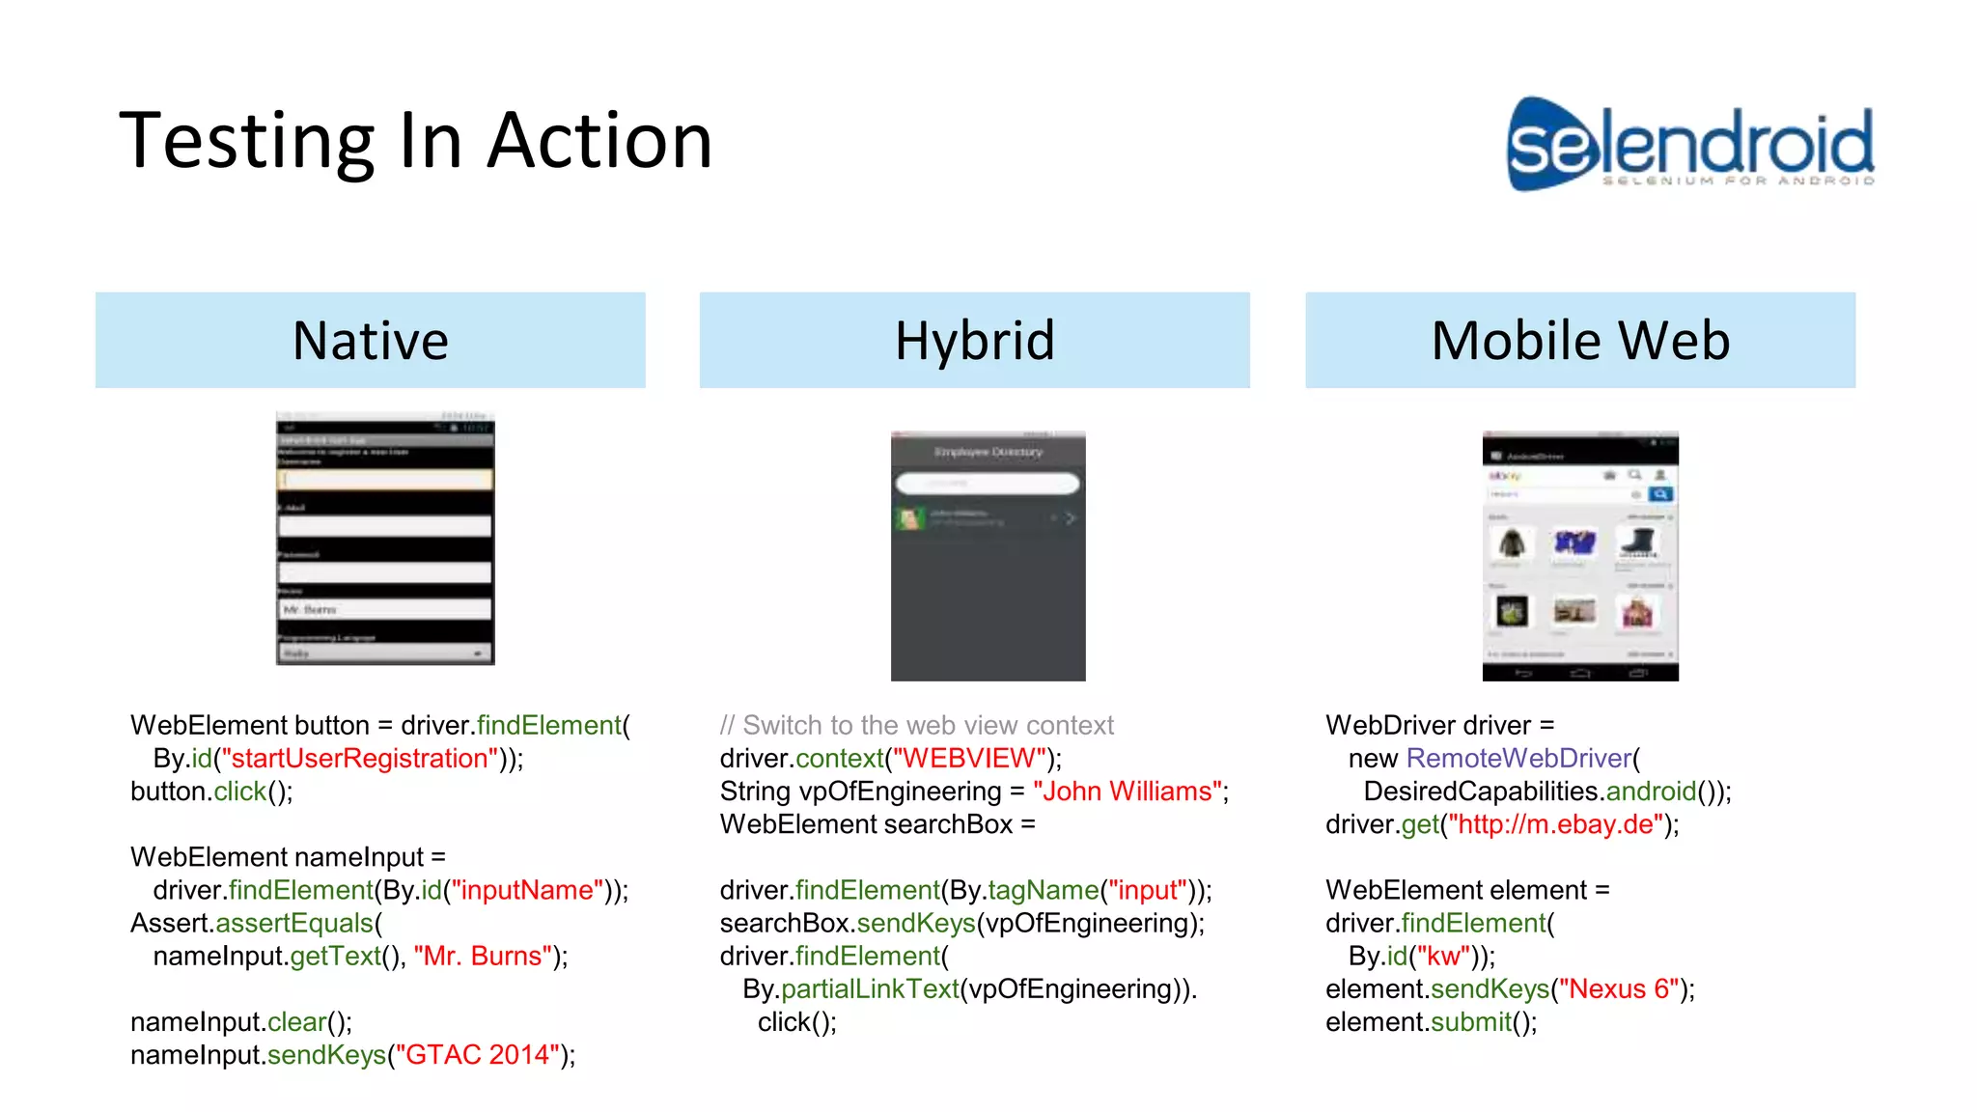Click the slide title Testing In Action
click(415, 141)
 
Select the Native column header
click(370, 340)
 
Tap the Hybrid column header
click(974, 340)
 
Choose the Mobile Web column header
click(1580, 340)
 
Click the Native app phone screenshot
click(385, 539)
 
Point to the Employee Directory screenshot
click(988, 556)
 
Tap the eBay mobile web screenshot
click(1580, 556)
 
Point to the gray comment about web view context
click(916, 726)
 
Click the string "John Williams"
click(1128, 792)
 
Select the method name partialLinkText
click(870, 989)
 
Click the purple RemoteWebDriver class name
click(1518, 759)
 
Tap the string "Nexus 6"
click(1619, 989)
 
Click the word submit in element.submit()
click(1470, 1022)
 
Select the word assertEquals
click(294, 924)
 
